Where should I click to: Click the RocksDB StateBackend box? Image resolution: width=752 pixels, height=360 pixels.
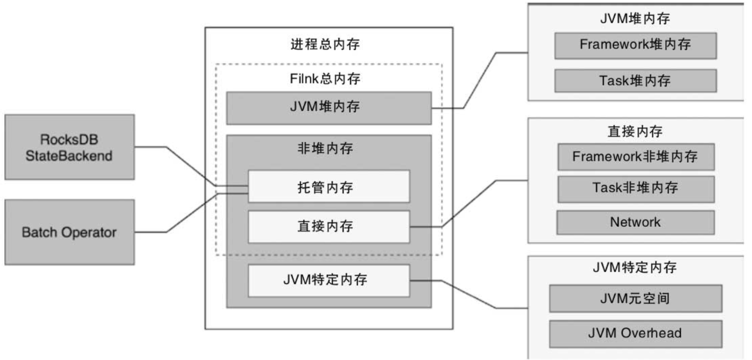(69, 147)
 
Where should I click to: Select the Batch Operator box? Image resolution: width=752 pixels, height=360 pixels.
(69, 232)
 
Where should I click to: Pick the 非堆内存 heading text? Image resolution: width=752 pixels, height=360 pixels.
(328, 148)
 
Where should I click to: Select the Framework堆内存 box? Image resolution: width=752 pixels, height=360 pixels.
(635, 45)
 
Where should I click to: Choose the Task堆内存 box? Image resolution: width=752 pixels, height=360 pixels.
(635, 81)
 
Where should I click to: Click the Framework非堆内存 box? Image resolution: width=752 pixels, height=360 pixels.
(635, 157)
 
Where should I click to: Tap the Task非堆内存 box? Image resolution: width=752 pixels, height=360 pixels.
(635, 188)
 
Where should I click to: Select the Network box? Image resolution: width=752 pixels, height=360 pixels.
(635, 222)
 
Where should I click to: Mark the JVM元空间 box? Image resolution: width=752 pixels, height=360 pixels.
(635, 299)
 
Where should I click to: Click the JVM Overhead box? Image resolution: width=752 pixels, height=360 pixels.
(635, 333)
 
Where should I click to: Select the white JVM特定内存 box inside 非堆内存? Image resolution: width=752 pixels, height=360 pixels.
(328, 280)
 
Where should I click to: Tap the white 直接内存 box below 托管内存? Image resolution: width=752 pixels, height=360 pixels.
(328, 226)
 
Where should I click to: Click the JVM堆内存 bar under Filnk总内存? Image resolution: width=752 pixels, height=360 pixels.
(328, 108)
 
